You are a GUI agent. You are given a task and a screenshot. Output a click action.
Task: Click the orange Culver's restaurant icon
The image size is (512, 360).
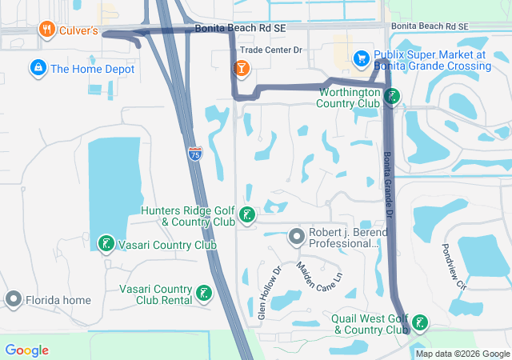coord(46,30)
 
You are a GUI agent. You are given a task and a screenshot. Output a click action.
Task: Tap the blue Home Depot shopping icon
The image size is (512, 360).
coord(37,68)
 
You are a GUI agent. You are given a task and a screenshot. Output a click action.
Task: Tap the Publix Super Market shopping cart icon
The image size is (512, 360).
coord(362,58)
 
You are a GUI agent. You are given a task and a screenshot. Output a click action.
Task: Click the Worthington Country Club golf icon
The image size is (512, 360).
coord(391,97)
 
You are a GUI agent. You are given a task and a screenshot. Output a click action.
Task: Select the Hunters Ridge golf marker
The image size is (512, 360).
coord(248,214)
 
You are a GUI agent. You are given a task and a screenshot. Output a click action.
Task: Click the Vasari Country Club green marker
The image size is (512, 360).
coord(106,243)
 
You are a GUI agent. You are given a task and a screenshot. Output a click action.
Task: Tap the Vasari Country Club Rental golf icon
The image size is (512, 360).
coord(204,292)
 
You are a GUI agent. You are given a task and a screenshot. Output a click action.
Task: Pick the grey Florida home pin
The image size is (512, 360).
coord(14,300)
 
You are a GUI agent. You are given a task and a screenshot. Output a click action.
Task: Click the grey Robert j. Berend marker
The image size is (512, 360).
coord(297,236)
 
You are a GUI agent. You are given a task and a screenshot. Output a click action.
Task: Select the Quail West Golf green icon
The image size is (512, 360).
coord(418,323)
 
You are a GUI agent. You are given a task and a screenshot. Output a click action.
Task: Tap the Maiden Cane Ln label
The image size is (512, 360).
coord(319,274)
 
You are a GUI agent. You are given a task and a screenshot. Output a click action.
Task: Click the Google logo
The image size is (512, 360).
coord(26,350)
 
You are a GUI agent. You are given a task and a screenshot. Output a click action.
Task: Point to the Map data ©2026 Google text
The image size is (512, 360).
coord(462,354)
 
